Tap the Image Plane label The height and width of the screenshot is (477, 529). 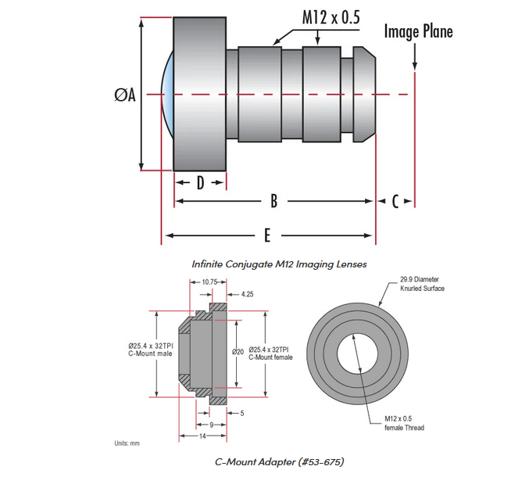click(x=418, y=31)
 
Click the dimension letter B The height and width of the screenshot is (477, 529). click(x=273, y=201)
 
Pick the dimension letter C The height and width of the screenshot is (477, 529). click(x=395, y=202)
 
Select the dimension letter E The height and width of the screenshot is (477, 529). click(x=268, y=235)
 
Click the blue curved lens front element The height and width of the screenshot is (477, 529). click(x=165, y=95)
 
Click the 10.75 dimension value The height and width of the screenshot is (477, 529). click(x=209, y=282)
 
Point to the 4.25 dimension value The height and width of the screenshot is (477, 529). click(x=248, y=294)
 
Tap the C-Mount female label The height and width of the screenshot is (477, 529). click(x=269, y=353)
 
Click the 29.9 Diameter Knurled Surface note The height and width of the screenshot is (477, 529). click(x=422, y=283)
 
